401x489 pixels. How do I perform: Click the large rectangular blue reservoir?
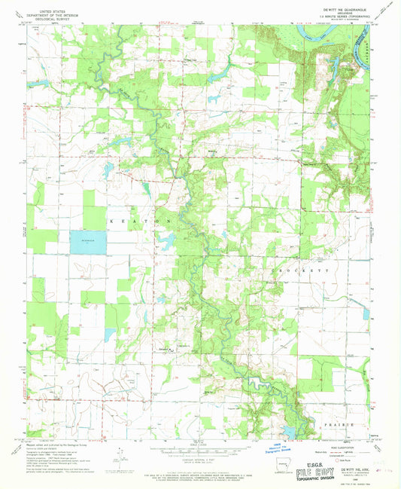[88, 242]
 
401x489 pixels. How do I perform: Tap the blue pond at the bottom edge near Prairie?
[288, 432]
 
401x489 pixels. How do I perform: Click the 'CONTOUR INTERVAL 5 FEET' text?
[199, 458]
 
